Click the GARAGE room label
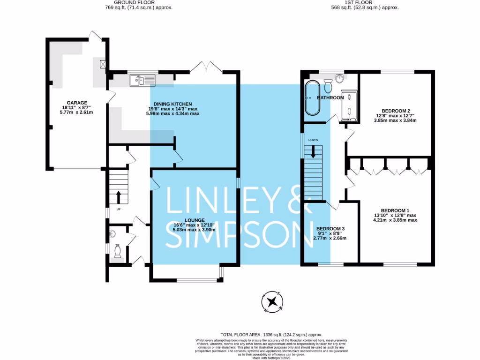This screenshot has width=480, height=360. (76, 103)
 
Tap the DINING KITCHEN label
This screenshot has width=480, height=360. (173, 104)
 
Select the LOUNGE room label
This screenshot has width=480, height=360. (194, 220)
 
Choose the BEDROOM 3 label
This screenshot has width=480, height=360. (330, 229)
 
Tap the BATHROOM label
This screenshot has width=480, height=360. (330, 97)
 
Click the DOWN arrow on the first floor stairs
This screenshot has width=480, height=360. (313, 152)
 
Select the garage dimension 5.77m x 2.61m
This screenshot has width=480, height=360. (76, 113)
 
